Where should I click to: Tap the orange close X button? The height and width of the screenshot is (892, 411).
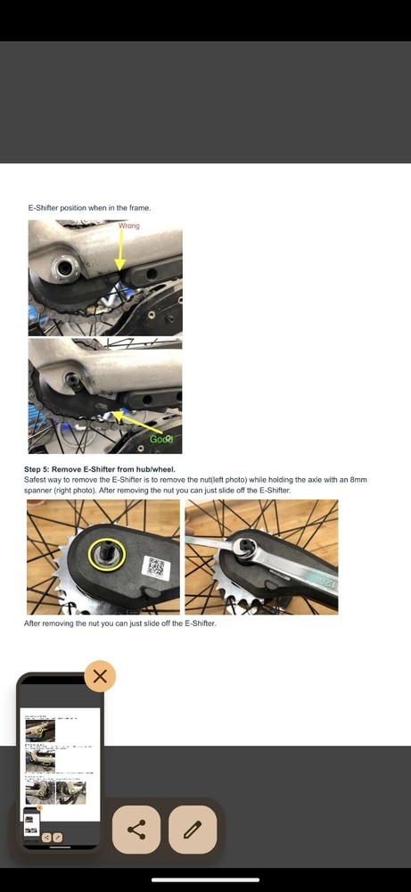coord(100,676)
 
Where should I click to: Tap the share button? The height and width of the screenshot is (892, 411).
coord(136,830)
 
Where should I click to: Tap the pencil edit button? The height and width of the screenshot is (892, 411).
coord(193,830)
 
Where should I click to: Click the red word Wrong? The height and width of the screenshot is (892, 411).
coord(128,226)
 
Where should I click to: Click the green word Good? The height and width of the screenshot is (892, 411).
coord(160,439)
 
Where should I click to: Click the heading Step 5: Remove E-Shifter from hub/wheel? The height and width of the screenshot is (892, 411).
coord(100,469)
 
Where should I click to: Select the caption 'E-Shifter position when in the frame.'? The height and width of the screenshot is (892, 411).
coord(90,208)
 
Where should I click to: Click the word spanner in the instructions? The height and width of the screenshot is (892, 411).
coord(41,491)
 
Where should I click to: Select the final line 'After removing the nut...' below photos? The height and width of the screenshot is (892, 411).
coord(120,624)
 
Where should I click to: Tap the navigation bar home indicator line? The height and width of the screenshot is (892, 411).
coord(205,880)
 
